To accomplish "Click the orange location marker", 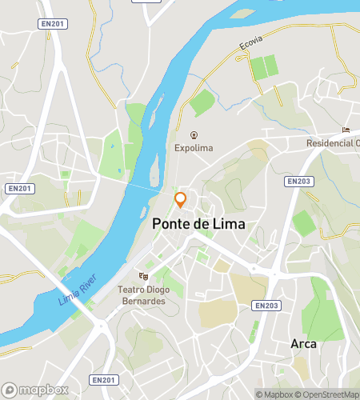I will click(181, 200).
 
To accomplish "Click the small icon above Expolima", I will click(194, 134).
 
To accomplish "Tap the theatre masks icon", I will click(144, 277).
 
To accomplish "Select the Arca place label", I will click(304, 344).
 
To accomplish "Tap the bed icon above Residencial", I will click(346, 130).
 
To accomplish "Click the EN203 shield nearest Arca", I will click(266, 305).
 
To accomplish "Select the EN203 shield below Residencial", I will click(298, 182).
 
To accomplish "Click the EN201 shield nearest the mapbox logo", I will click(103, 379).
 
